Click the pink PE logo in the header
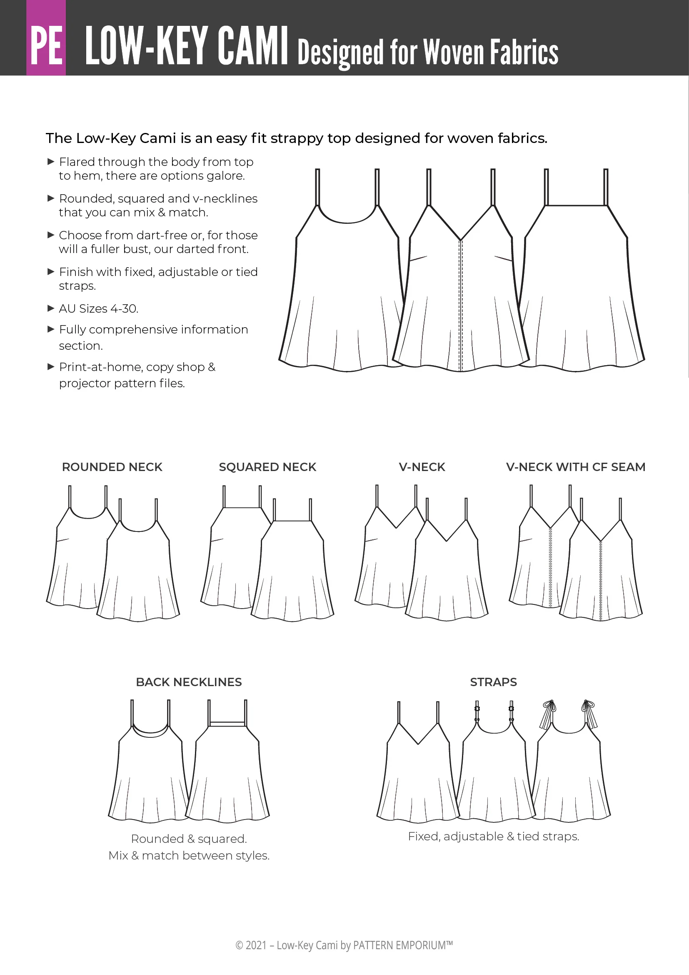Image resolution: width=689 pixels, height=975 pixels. point(46,38)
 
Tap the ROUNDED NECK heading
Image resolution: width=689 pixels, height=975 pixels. point(112,467)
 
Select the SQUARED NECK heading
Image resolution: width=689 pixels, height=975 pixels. point(267,467)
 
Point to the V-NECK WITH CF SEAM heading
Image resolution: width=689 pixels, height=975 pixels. point(576,467)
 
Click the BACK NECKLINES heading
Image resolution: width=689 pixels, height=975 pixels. point(189,682)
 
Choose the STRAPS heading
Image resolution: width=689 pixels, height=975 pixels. point(493,682)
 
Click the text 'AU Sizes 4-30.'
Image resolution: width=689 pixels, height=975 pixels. point(98,309)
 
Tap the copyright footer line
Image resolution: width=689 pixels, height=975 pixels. point(344,945)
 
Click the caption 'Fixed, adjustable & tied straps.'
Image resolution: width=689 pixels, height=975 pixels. point(493,836)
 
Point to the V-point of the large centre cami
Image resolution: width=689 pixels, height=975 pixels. point(460,240)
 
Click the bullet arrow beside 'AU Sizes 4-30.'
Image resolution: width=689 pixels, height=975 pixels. point(51,308)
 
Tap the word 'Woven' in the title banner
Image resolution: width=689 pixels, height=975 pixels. point(454,52)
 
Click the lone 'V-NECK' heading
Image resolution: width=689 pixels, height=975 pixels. point(422,467)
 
